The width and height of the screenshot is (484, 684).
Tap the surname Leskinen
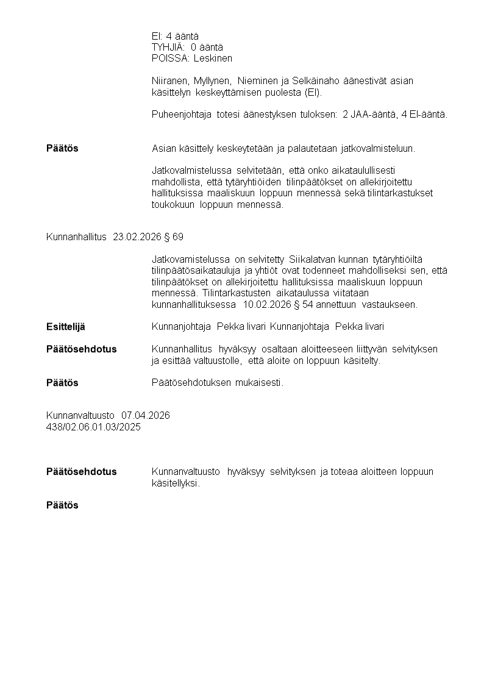[x=213, y=58]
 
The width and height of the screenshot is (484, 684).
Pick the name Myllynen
[x=213, y=81]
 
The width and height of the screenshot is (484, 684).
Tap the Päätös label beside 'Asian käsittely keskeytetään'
[x=62, y=148]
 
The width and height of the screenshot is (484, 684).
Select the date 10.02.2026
[x=266, y=304]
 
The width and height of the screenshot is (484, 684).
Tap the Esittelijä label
[x=66, y=327]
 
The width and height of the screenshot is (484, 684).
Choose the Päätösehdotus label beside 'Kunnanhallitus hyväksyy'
[x=81, y=349]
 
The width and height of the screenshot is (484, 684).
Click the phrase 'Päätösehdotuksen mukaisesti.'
[x=218, y=383]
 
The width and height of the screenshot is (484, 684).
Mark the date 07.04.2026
[x=146, y=415]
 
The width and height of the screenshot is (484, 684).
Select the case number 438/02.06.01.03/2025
[x=93, y=427]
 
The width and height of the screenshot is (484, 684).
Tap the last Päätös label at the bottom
[x=62, y=505]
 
